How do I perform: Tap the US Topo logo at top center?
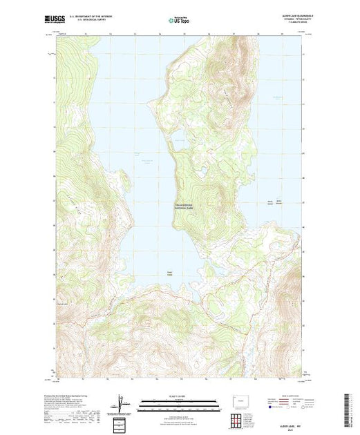179,19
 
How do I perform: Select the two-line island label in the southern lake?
169,271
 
